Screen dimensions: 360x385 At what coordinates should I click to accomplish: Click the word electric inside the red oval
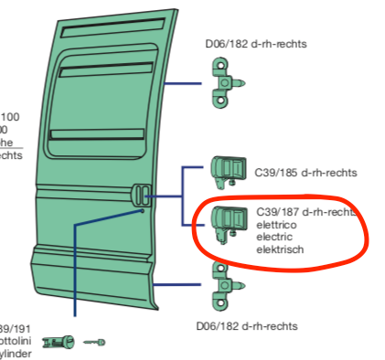(275, 237)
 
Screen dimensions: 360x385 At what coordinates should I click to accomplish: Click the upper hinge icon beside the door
(220, 80)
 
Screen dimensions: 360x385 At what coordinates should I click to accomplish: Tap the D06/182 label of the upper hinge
(255, 43)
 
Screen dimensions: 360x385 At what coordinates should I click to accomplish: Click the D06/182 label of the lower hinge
(247, 326)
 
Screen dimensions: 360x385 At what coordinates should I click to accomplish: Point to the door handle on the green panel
(141, 195)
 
